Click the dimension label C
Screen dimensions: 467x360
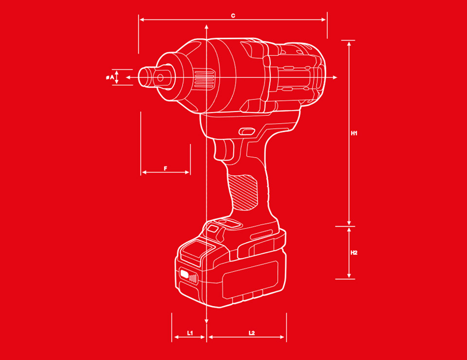[233, 16]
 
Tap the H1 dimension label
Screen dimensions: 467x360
[354, 133]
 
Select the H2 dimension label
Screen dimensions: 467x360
[354, 253]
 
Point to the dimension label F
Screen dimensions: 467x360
[165, 168]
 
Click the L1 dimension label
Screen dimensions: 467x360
[190, 333]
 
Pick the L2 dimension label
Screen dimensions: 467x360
[252, 333]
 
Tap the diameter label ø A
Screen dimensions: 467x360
[110, 77]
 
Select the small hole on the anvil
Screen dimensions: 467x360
[160, 78]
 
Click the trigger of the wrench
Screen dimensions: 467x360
[224, 150]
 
